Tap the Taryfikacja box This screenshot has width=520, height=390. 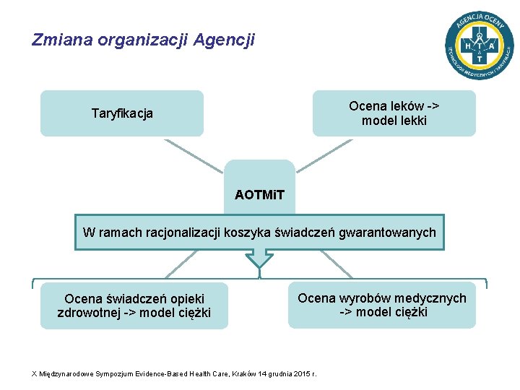[122, 113]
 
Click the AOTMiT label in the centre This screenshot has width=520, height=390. [260, 195]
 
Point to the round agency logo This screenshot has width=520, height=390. [479, 45]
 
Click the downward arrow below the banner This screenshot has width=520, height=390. [260, 259]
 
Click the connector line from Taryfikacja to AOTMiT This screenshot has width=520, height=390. [195, 156]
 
